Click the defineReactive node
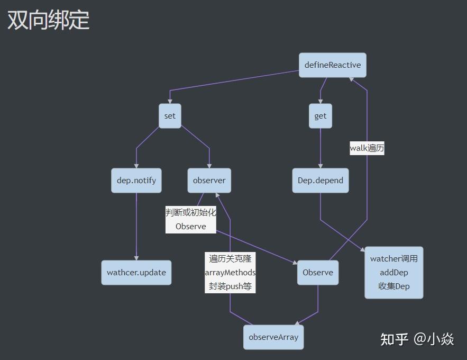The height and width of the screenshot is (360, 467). click(332, 65)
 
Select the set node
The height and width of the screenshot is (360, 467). click(170, 116)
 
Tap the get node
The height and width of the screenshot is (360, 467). click(321, 116)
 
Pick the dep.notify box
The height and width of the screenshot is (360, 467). click(136, 181)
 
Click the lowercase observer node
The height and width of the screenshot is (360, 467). click(209, 181)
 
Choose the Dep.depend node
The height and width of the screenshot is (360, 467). click(321, 181)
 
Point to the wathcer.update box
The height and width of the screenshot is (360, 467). click(136, 273)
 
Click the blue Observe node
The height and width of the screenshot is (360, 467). click(318, 273)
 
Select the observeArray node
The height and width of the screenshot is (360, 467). click(273, 337)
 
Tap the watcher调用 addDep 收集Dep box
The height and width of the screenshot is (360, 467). click(394, 273)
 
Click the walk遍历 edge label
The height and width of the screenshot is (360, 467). click(367, 149)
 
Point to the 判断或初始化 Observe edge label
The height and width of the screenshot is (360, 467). click(191, 220)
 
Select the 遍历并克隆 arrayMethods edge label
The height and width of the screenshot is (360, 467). click(230, 273)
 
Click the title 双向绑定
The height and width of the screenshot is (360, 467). click(48, 20)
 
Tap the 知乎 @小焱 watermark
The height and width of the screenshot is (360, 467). click(417, 339)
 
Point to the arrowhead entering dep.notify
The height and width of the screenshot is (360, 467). click(136, 166)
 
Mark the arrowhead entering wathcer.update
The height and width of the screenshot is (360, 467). click(136, 258)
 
